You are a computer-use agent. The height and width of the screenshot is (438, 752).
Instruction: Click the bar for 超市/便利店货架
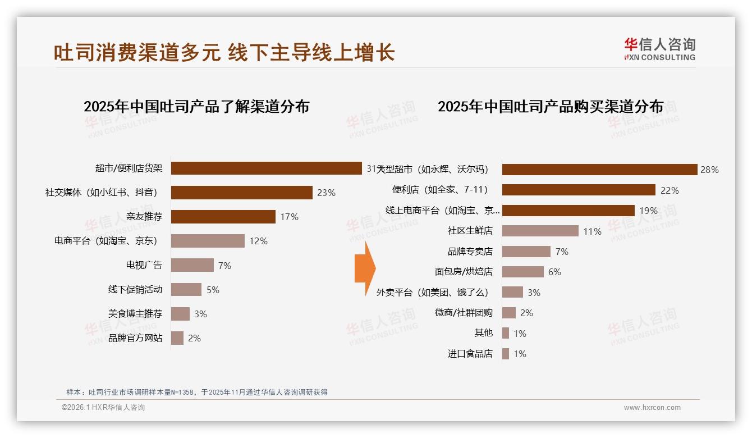click(x=266, y=168)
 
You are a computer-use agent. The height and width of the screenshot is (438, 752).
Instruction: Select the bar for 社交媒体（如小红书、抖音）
click(x=241, y=193)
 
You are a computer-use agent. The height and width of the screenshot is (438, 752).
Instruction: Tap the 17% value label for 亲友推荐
click(x=289, y=217)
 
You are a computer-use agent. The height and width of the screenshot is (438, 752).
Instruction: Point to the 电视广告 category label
click(x=144, y=265)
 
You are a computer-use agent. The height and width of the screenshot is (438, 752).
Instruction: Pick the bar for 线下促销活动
click(x=186, y=289)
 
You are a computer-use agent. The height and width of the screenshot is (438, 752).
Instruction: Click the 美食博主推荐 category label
click(x=135, y=313)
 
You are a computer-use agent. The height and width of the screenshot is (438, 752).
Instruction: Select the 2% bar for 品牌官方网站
click(x=177, y=338)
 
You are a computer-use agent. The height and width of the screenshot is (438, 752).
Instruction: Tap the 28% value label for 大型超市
click(x=709, y=170)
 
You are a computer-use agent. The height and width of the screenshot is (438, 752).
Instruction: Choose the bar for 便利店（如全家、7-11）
click(x=579, y=190)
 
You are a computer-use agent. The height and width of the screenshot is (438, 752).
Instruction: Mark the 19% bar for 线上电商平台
click(x=568, y=211)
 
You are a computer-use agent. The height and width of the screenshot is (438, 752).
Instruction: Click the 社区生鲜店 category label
click(x=470, y=231)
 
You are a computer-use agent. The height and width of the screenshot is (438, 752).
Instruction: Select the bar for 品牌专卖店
click(x=526, y=252)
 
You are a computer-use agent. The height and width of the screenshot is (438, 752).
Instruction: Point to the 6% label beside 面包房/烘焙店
click(x=554, y=272)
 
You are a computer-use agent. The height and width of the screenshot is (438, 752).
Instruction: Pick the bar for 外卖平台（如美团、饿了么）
click(x=512, y=292)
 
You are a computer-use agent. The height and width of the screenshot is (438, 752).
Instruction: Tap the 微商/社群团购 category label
click(x=464, y=313)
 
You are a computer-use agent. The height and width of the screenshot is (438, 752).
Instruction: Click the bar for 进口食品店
click(x=506, y=354)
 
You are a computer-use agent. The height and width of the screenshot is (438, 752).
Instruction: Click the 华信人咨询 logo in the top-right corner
click(x=659, y=49)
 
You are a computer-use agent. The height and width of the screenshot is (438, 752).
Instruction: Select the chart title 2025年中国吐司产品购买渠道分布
click(x=551, y=107)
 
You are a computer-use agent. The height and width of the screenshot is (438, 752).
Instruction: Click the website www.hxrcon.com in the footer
click(x=652, y=408)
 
